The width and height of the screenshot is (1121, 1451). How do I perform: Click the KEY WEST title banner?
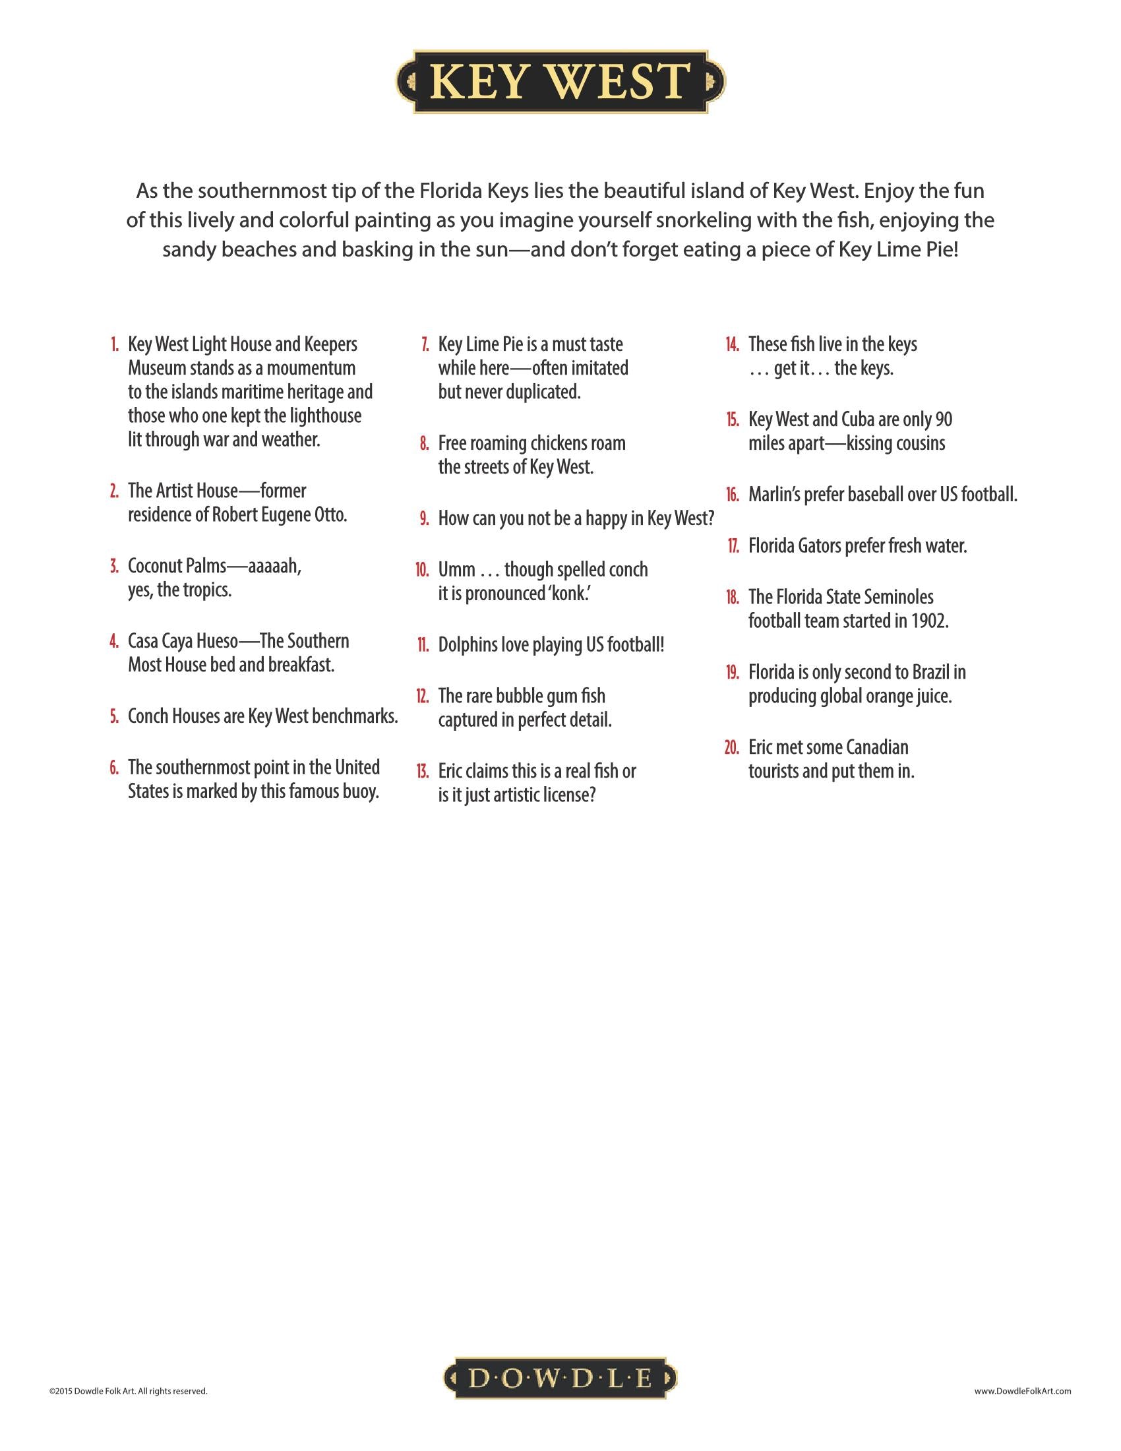click(560, 82)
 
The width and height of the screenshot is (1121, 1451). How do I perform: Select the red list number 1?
click(115, 345)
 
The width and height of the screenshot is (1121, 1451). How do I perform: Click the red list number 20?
click(731, 747)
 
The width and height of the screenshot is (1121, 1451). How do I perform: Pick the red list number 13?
click(422, 772)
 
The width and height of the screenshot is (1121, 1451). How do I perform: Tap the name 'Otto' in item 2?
click(329, 515)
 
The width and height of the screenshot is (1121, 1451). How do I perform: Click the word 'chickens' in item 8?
click(559, 443)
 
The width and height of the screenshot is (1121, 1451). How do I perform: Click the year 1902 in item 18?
click(928, 621)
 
